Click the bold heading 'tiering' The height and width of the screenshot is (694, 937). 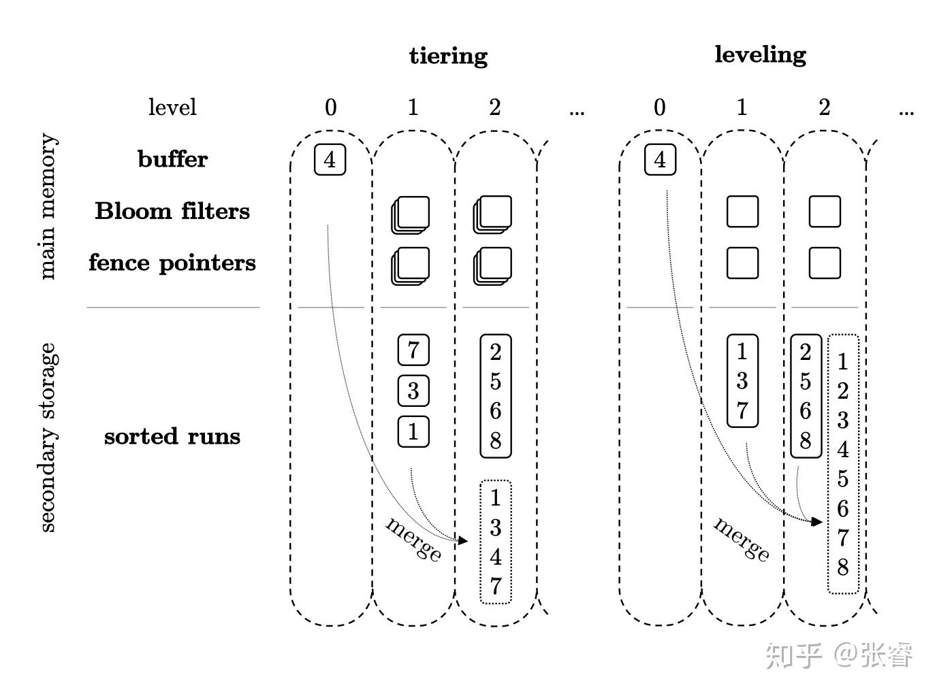[x=448, y=56]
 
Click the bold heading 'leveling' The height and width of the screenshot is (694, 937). [x=760, y=54]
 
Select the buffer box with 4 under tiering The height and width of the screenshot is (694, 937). [x=330, y=160]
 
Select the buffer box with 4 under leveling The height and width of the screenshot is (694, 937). [x=659, y=160]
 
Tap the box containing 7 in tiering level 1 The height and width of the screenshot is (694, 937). [x=413, y=350]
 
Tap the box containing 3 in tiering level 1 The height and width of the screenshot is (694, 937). [x=413, y=391]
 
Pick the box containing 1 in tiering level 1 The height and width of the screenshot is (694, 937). [x=413, y=431]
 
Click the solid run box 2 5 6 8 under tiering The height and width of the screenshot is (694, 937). [x=495, y=396]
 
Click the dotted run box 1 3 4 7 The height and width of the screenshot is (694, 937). [x=495, y=542]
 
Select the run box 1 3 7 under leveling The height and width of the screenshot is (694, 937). [x=742, y=381]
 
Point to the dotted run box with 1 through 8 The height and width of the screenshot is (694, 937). [x=843, y=464]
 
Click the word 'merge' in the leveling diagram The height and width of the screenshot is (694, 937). [x=742, y=539]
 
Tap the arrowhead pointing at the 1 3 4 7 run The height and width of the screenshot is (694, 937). [x=464, y=541]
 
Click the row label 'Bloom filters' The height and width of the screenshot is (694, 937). [x=172, y=211]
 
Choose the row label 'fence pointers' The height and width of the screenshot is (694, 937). [x=172, y=263]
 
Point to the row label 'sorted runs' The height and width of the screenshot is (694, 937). [x=172, y=436]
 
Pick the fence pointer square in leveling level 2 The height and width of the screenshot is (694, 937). [x=825, y=263]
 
